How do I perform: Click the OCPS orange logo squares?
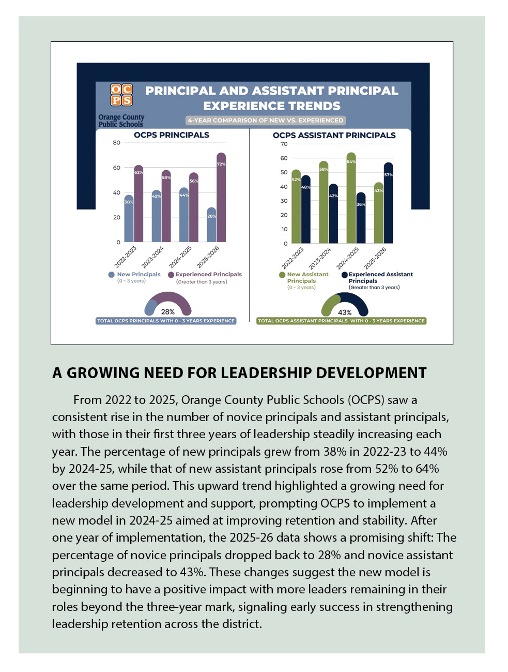click(x=121, y=95)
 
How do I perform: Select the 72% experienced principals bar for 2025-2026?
click(x=221, y=199)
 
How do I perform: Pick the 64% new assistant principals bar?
click(x=351, y=199)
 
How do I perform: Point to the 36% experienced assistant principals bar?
click(x=361, y=219)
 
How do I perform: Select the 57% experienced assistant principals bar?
click(x=388, y=204)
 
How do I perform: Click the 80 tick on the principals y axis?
click(x=117, y=143)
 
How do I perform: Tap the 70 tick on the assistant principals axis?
click(x=284, y=144)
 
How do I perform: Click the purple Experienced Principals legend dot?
click(x=171, y=275)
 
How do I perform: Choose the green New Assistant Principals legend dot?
click(x=282, y=275)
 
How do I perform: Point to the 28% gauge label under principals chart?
click(x=168, y=312)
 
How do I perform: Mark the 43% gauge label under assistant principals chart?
click(x=345, y=312)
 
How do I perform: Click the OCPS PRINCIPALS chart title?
click(x=172, y=135)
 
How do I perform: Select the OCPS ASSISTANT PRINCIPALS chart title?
click(x=334, y=136)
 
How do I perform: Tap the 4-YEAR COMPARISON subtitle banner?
click(x=266, y=121)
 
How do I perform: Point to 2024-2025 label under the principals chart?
click(x=181, y=257)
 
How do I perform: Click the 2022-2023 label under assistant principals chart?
click(x=293, y=258)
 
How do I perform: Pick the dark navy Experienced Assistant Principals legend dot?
click(x=344, y=275)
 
